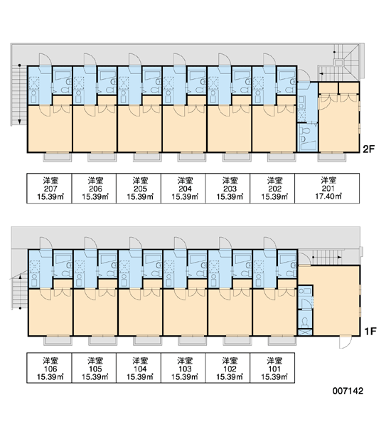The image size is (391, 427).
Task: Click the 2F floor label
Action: click(x=369, y=149)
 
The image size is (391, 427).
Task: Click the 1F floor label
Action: click(x=370, y=332)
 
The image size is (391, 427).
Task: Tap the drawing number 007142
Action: click(x=348, y=391)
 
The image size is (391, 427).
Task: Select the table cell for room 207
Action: click(x=49, y=188)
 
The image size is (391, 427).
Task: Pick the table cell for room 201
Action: click(x=327, y=188)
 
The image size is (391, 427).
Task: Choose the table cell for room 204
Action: click(x=183, y=188)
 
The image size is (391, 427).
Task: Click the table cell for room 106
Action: click(x=49, y=368)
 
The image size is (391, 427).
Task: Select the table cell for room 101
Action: click(x=273, y=368)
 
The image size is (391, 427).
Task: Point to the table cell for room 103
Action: click(x=183, y=368)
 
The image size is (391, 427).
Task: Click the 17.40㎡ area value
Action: click(x=328, y=196)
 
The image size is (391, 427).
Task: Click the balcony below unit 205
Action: click(x=147, y=157)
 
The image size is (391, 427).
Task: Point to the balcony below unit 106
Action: click(x=58, y=341)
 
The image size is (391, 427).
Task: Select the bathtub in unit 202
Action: click(x=286, y=75)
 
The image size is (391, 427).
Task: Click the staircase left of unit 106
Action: click(x=20, y=292)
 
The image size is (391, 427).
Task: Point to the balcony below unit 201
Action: click(x=332, y=157)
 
